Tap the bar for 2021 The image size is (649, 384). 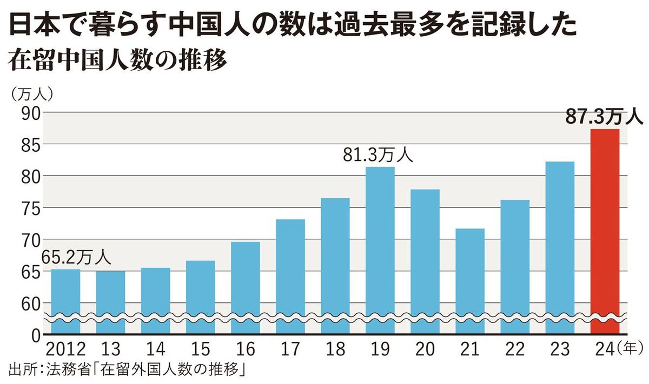(469, 281)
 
